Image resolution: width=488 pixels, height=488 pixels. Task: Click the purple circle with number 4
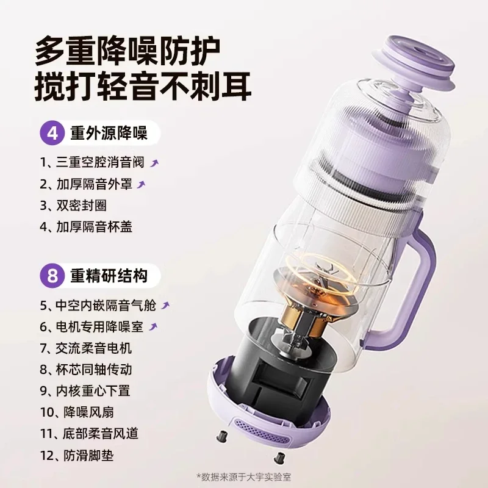pyautogui.click(x=53, y=132)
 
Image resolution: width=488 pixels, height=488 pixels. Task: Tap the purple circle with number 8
pyautogui.click(x=53, y=276)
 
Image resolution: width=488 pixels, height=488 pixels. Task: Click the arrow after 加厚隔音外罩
pyautogui.click(x=142, y=184)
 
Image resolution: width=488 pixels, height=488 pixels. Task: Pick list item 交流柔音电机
pyautogui.click(x=86, y=349)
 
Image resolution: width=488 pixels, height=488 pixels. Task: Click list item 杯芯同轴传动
pyautogui.click(x=86, y=370)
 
